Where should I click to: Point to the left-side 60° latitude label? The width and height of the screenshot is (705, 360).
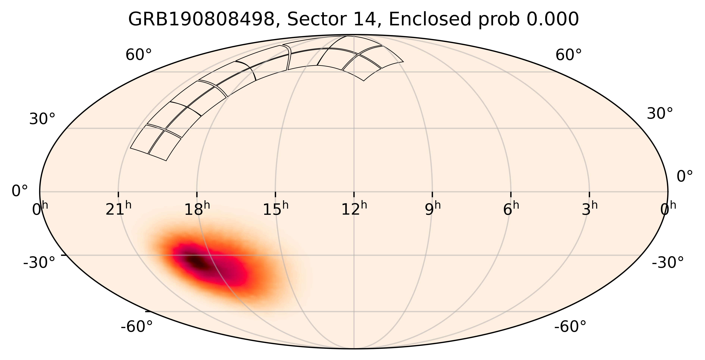point(138,55)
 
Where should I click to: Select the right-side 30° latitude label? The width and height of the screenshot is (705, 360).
point(659,114)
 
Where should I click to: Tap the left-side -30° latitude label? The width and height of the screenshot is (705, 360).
point(39,263)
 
